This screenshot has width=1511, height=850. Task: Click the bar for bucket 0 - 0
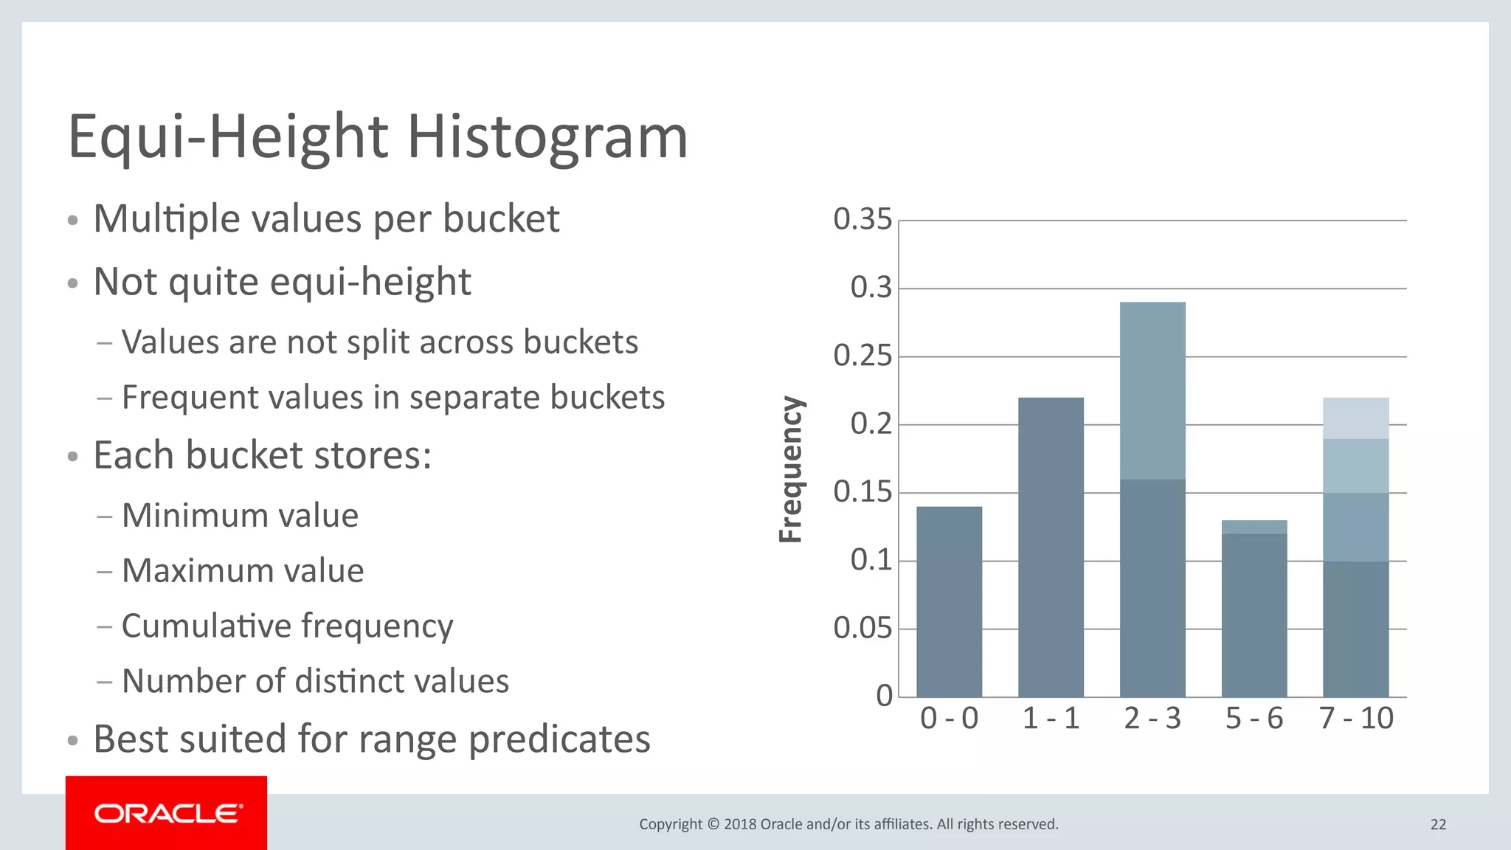click(x=949, y=601)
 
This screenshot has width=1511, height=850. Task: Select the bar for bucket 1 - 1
click(x=1051, y=547)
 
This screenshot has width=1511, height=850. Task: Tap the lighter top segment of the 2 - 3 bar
click(x=1152, y=390)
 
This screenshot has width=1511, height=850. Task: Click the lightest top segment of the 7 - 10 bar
click(x=1355, y=418)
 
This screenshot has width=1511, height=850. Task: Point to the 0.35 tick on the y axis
click(x=862, y=219)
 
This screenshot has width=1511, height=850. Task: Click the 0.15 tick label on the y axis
click(x=862, y=492)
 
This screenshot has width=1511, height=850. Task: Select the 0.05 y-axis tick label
click(x=862, y=629)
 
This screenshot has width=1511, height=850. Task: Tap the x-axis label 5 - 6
click(x=1254, y=718)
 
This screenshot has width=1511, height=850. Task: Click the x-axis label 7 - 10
click(x=1355, y=718)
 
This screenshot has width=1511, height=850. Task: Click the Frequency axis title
click(x=791, y=469)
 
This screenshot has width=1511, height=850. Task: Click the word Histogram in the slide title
click(x=547, y=137)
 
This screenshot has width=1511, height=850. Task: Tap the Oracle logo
click(x=167, y=813)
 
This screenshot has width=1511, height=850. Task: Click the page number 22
click(x=1438, y=824)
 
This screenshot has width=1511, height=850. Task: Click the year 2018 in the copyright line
click(x=739, y=824)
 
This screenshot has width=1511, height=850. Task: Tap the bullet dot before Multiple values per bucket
click(x=72, y=221)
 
